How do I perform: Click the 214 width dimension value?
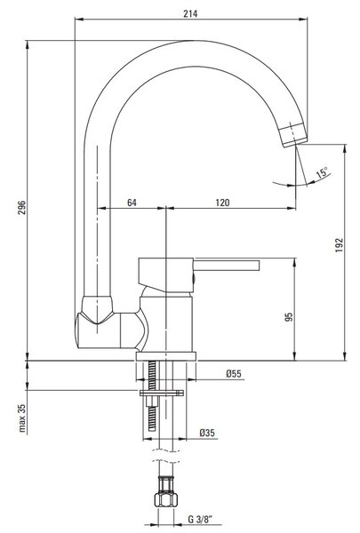tap(190, 14)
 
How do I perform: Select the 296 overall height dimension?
tap(21, 208)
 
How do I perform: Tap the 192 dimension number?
tap(340, 245)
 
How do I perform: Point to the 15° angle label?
tap(322, 172)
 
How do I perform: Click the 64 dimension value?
tap(132, 203)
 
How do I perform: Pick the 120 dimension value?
tap(222, 203)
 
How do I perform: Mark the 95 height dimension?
tap(289, 317)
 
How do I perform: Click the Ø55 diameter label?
tap(234, 374)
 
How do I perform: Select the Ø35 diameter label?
tap(207, 433)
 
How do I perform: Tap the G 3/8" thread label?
tap(200, 519)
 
